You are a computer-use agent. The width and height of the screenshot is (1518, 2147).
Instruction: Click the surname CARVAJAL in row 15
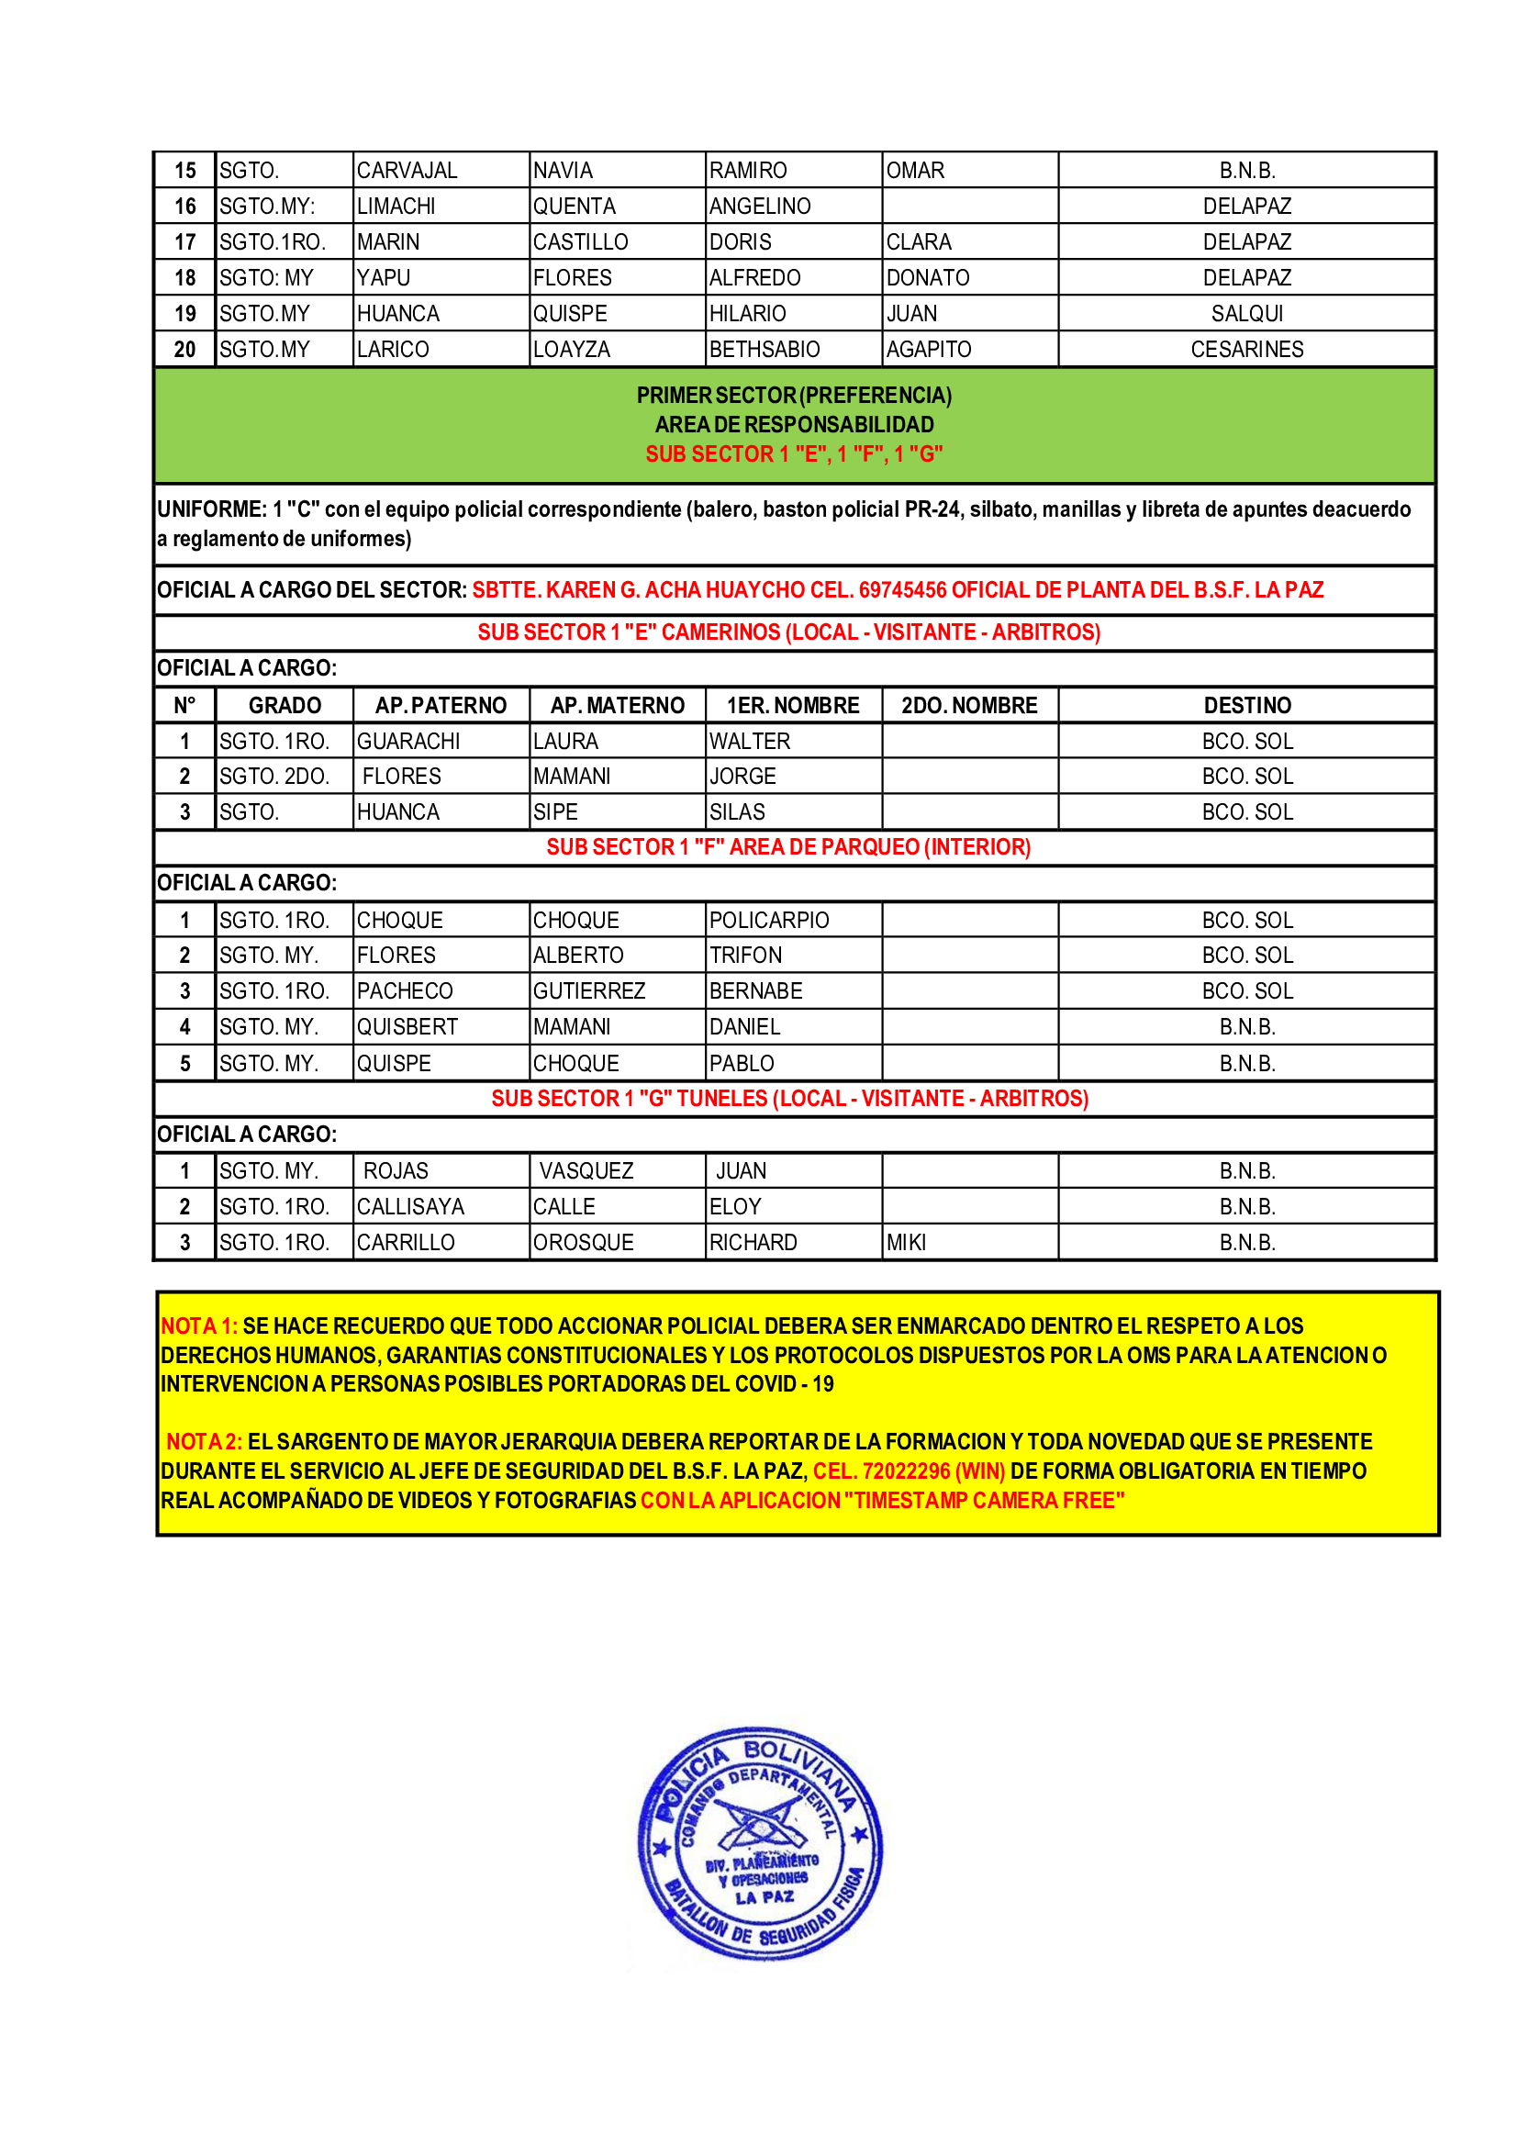(x=407, y=170)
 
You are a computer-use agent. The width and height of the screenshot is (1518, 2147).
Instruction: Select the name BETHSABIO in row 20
(x=764, y=349)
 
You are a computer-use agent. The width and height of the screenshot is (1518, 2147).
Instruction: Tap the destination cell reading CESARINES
(x=1246, y=349)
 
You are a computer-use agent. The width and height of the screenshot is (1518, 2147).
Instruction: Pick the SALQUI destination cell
(x=1246, y=313)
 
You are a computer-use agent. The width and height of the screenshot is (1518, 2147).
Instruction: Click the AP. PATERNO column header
(x=441, y=705)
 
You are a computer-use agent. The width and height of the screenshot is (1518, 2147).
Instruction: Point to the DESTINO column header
(x=1246, y=705)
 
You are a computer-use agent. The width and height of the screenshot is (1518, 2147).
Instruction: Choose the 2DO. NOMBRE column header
(x=969, y=705)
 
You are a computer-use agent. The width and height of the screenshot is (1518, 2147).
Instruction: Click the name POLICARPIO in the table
(x=768, y=920)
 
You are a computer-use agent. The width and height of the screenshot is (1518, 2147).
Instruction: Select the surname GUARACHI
(x=408, y=741)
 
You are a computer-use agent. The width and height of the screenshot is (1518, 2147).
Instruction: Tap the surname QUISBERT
(x=407, y=1027)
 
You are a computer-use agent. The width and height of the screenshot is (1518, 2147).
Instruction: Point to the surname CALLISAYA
(x=410, y=1206)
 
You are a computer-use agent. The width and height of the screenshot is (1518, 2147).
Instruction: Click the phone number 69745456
(x=903, y=590)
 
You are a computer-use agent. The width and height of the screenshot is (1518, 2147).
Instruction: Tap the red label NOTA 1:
(x=199, y=1326)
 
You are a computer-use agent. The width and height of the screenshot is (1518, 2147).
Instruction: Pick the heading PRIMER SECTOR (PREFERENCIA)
(x=794, y=396)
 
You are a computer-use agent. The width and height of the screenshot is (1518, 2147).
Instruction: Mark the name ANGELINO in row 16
(x=759, y=206)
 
